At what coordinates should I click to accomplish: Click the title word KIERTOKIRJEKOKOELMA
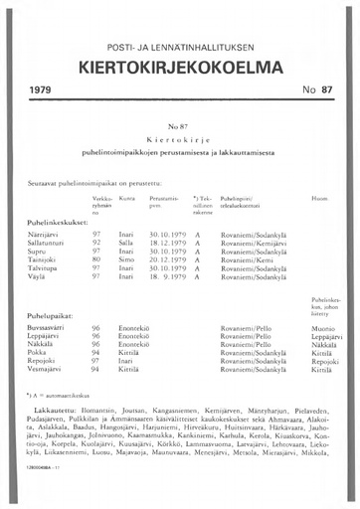180,67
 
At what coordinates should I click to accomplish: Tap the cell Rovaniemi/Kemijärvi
251,241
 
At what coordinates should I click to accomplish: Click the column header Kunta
125,199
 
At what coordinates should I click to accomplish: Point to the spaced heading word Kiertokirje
179,142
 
